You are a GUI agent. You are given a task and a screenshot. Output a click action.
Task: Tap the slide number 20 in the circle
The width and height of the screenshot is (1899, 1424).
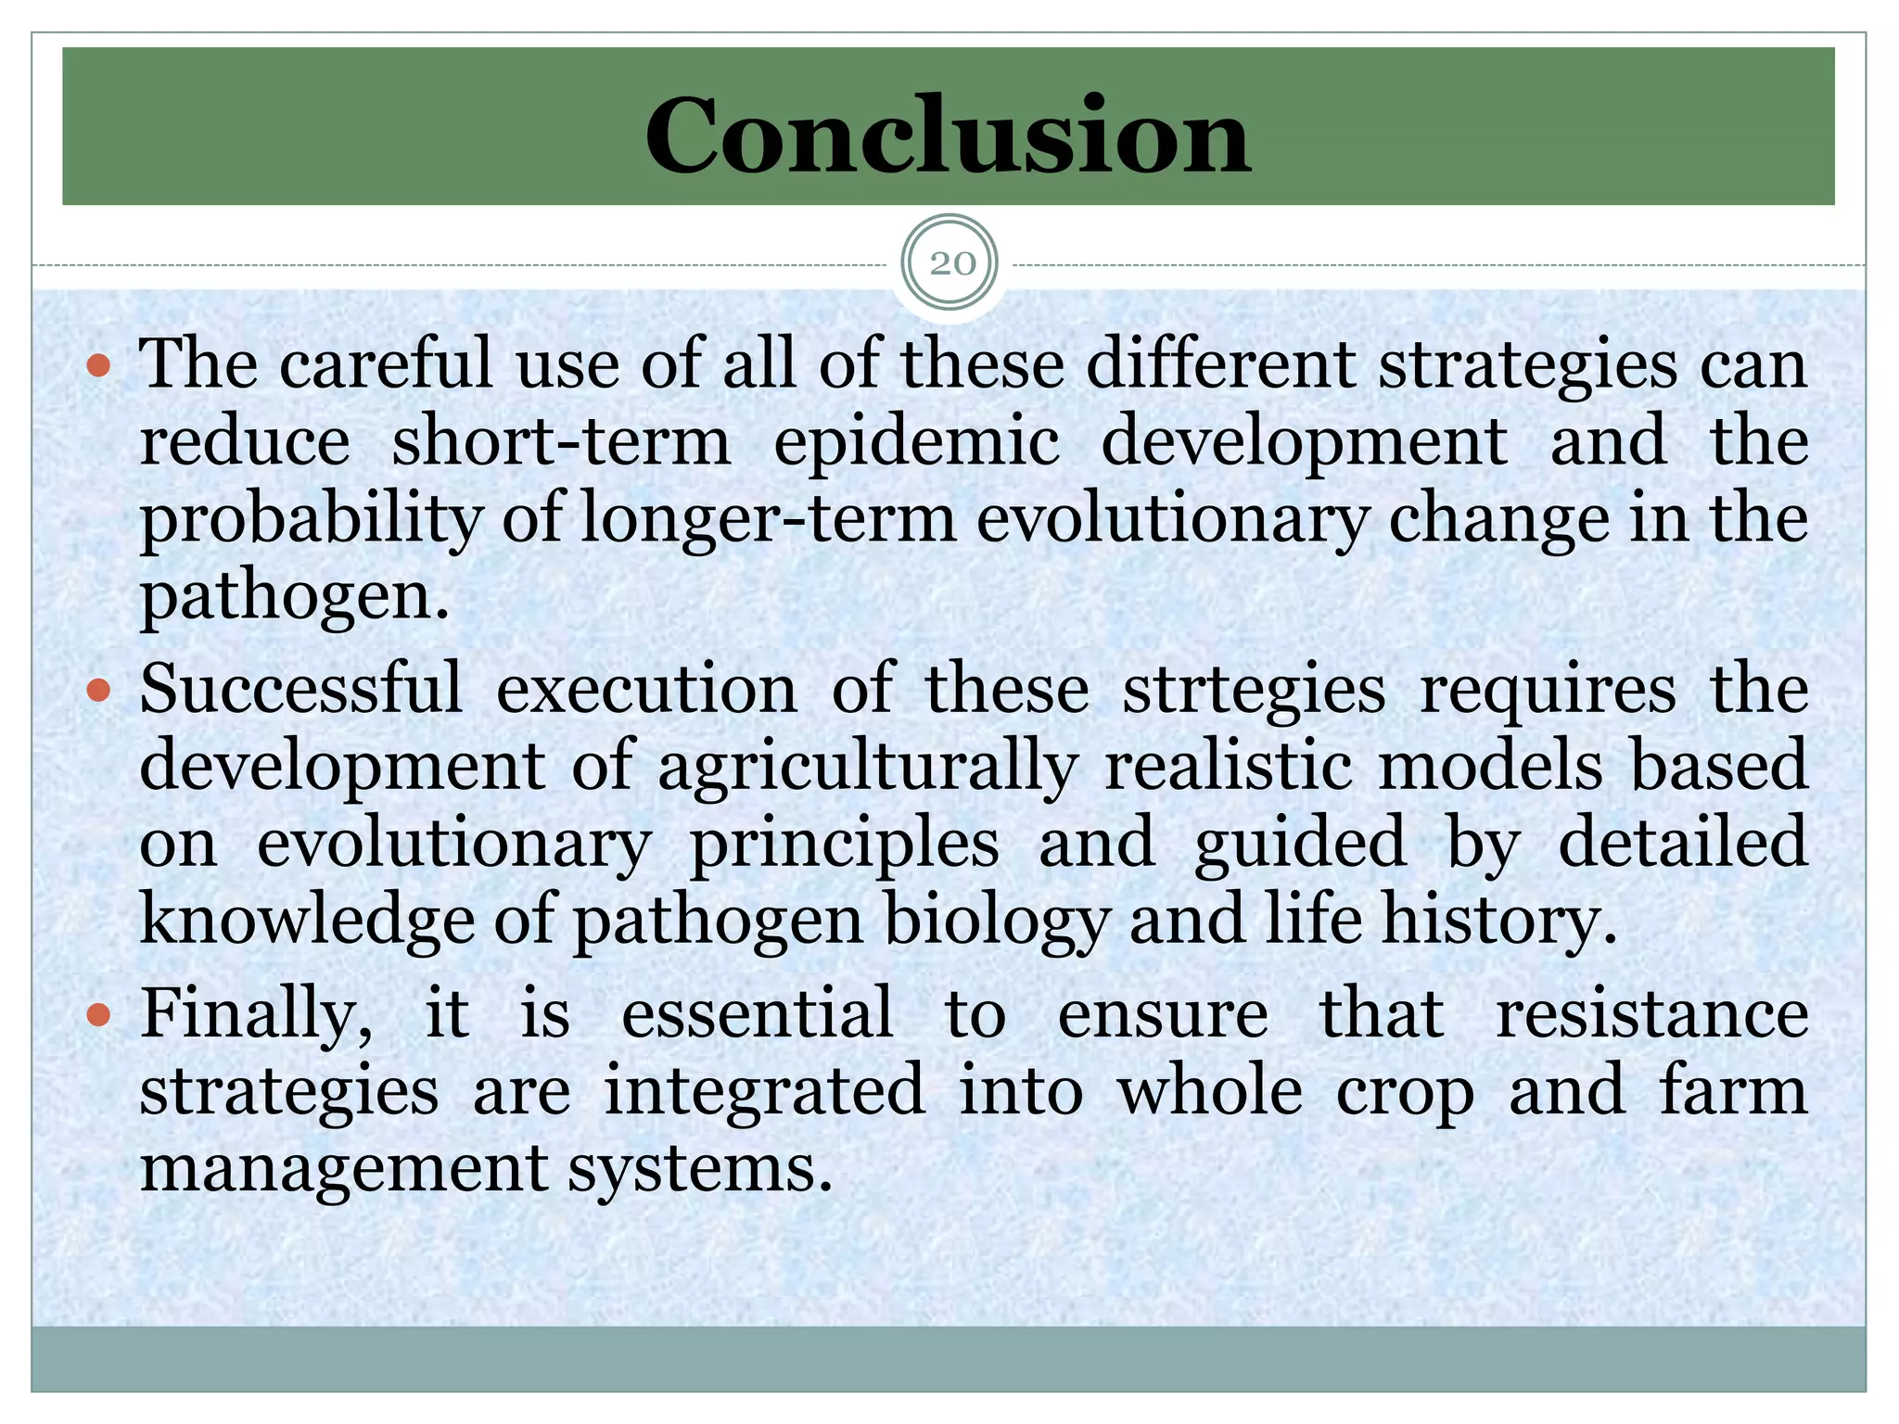pyautogui.click(x=950, y=264)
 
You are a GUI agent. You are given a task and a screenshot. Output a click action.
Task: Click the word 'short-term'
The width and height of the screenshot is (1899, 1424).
pyautogui.click(x=560, y=441)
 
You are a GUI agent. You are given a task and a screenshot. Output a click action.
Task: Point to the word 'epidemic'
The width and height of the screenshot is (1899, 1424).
pyautogui.click(x=916, y=441)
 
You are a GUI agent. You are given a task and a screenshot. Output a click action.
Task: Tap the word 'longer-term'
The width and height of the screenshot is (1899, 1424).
pyautogui.click(x=768, y=519)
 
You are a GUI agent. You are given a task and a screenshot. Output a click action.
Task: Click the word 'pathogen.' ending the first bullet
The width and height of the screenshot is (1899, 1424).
pyautogui.click(x=294, y=596)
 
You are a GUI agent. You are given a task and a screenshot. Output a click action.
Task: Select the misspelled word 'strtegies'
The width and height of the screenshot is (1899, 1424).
pyautogui.click(x=1253, y=691)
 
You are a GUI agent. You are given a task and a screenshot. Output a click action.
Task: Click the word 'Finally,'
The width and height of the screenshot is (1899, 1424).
pyautogui.click(x=257, y=1015)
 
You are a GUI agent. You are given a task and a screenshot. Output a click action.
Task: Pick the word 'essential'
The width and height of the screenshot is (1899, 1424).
pyautogui.click(x=758, y=1015)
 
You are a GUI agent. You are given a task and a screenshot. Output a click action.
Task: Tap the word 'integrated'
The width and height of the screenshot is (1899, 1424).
pyautogui.click(x=764, y=1092)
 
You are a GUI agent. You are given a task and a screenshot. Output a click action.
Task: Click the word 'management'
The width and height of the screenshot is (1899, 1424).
pyautogui.click(x=344, y=1169)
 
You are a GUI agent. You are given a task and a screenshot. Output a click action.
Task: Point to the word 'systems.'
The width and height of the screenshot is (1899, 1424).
pyautogui.click(x=700, y=1169)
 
